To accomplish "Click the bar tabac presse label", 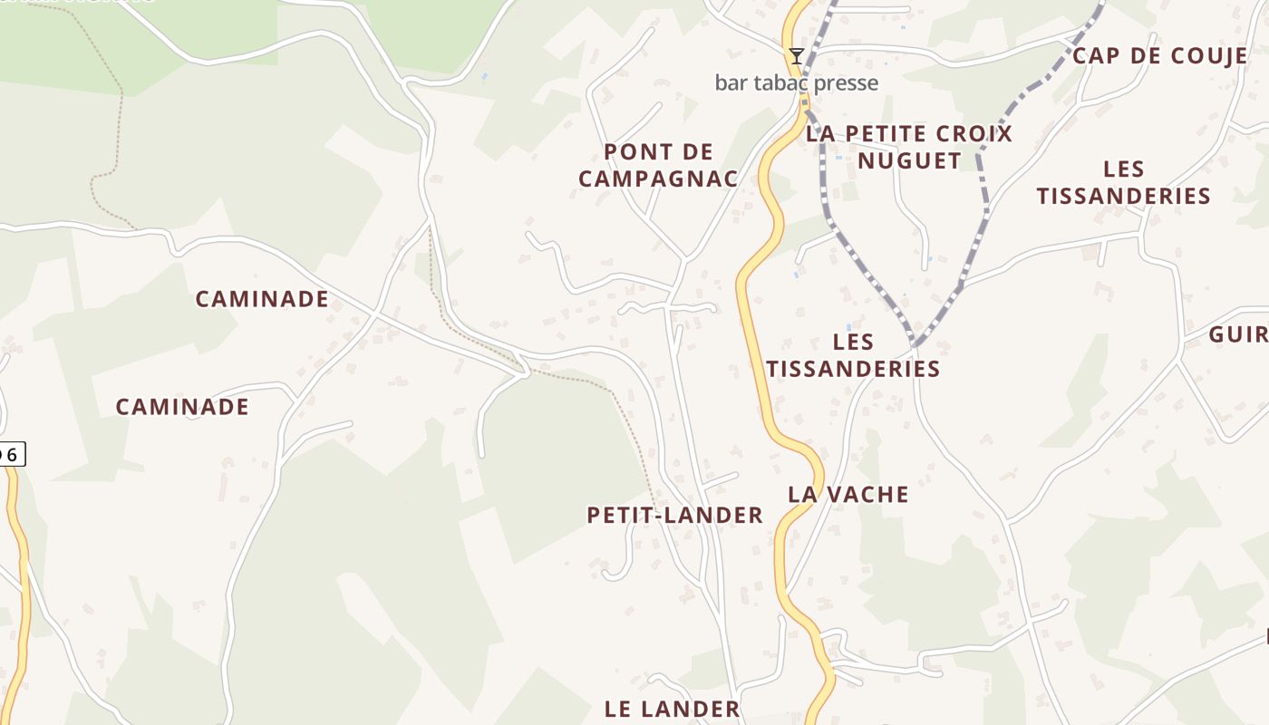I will pos(796,83).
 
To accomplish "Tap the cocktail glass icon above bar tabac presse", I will pos(796,56).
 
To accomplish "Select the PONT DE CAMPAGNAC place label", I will pos(658,165).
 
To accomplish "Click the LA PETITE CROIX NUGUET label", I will pos(909,147).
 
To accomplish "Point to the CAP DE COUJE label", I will pos(1159,56).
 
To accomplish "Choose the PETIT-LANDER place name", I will pos(674,516).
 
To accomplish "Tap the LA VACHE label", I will pos(848,495).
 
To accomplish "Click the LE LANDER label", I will pos(672,709).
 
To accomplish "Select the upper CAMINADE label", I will pos(262,299).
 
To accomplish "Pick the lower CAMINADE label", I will pos(182,407).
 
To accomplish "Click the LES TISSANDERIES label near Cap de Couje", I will pos(1123,182).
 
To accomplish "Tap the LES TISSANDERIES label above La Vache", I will pos(852,355).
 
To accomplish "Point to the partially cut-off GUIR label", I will pos(1239,334).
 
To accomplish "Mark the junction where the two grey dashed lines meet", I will pos(914,346).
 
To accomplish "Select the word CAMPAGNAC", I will pos(658,179).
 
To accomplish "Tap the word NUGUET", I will pos(909,160).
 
